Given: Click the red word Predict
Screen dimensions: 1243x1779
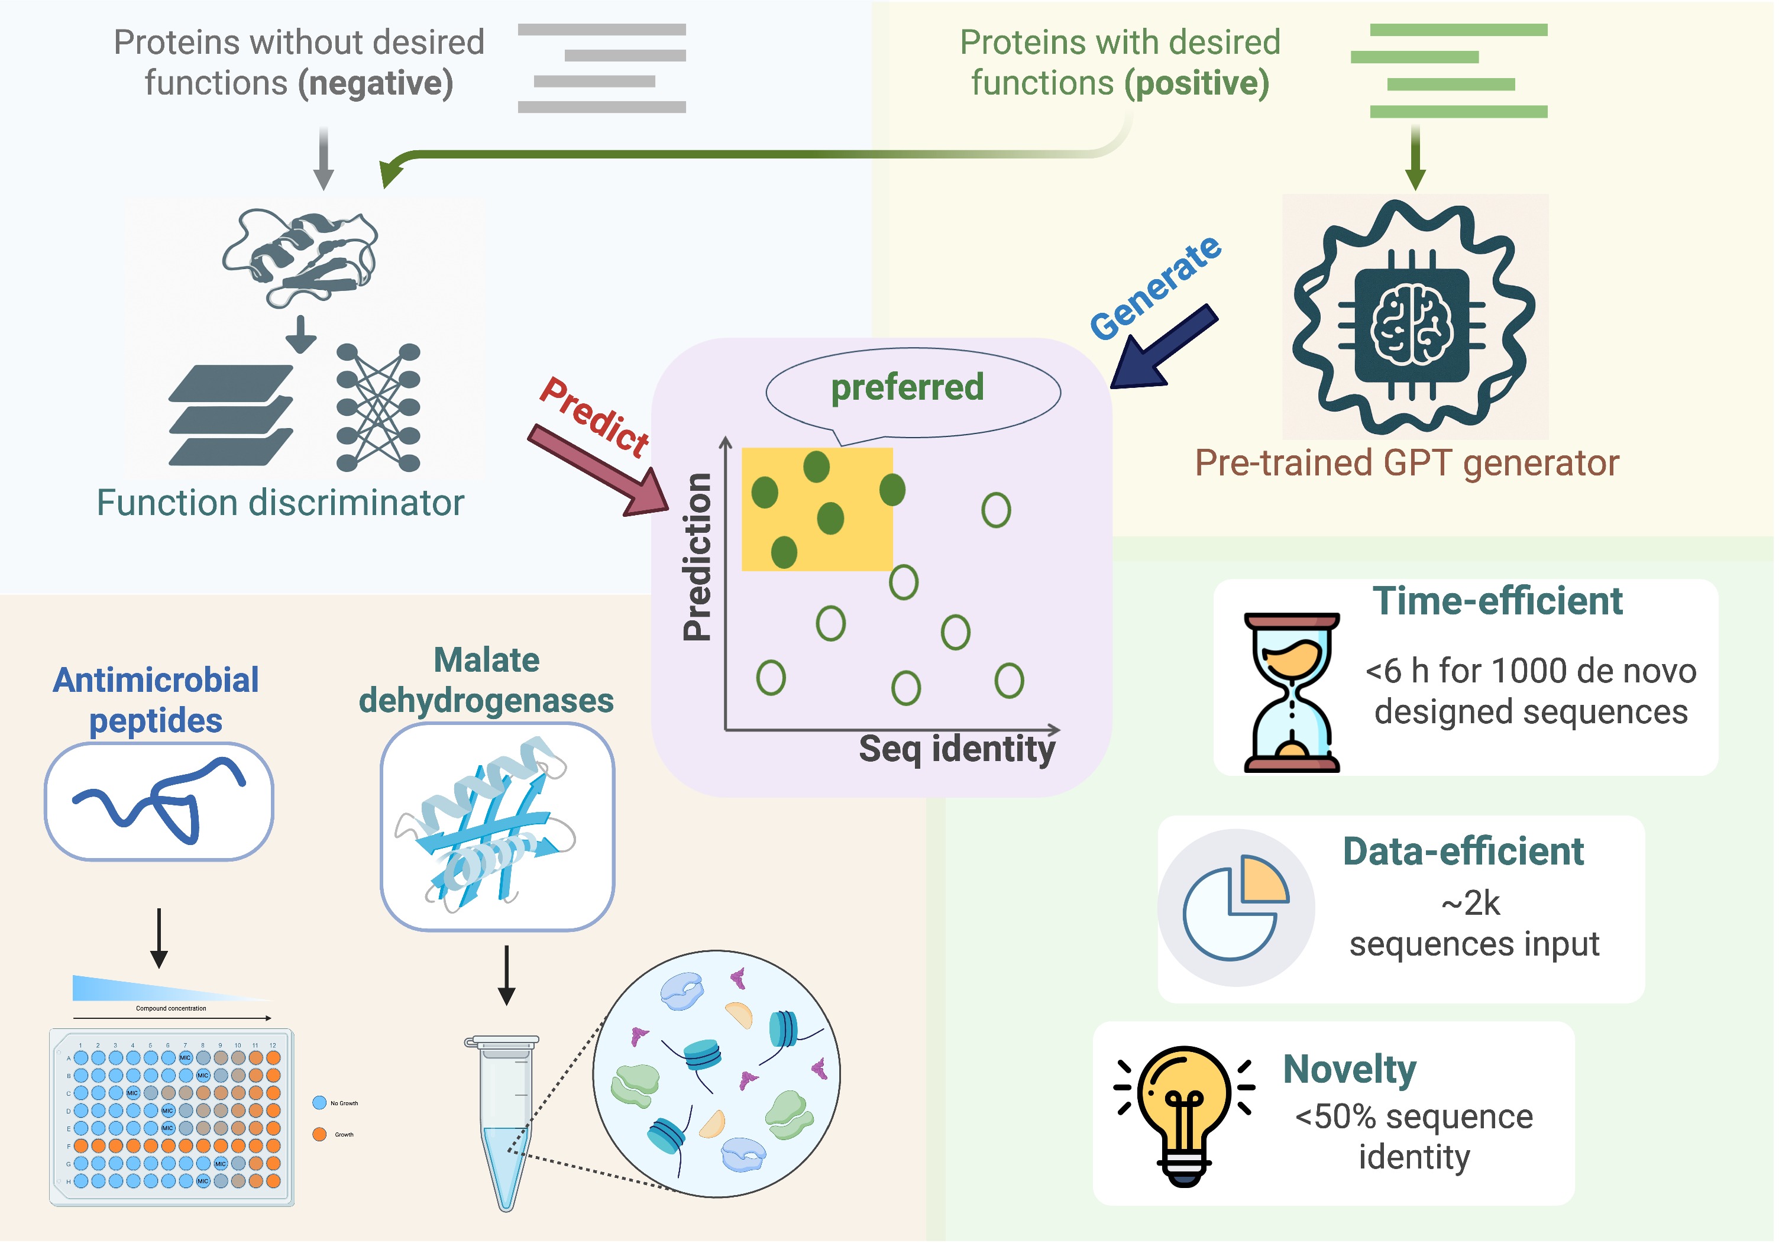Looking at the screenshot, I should coord(595,417).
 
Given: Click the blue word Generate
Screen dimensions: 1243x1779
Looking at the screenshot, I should coord(1154,288).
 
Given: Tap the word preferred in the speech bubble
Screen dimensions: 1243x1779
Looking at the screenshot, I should coord(907,387).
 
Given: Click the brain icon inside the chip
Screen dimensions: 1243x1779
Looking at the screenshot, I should coord(1412,325).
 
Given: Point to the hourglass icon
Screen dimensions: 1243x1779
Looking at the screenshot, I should coord(1291,692).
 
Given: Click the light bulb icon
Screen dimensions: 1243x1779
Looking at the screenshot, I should coord(1183,1112).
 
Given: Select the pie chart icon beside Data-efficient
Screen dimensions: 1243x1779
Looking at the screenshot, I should coord(1236,907).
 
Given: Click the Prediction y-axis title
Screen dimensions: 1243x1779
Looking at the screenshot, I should coord(697,556).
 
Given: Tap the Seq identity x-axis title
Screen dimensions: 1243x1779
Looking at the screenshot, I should coord(957,749).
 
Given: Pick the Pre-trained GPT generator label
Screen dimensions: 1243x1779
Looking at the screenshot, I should coord(1406,464).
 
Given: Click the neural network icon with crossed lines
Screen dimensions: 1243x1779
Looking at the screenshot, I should coord(378,407).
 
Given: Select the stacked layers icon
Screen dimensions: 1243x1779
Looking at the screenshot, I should coord(230,415).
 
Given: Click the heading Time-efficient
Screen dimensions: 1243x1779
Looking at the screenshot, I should coord(1497,601).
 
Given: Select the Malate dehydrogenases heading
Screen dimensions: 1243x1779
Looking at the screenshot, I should coord(487,681).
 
